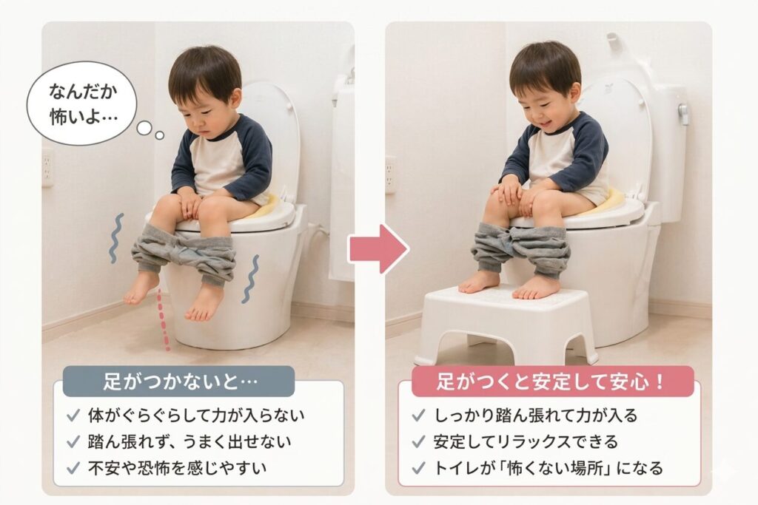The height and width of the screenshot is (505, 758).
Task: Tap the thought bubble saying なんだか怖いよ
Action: [82, 104]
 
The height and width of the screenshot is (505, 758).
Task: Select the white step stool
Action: [506, 322]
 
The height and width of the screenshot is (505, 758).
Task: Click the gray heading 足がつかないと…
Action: [178, 382]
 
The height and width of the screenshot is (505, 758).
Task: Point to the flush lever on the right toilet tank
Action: [683, 114]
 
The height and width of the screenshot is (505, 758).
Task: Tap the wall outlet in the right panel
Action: [390, 174]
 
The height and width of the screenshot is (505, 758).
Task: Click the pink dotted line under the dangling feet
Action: [164, 319]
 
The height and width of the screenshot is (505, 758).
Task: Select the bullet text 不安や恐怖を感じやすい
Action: [177, 467]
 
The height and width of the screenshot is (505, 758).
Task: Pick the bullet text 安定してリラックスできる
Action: [526, 441]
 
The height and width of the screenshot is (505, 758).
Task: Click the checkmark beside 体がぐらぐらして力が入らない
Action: [73, 416]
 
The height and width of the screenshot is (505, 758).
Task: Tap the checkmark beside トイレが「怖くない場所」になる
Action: [418, 467]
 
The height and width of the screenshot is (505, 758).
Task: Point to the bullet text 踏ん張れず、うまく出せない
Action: [189, 441]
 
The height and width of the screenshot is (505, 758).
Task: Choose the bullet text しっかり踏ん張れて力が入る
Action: [535, 416]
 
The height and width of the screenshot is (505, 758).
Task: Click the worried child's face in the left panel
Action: [202, 116]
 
